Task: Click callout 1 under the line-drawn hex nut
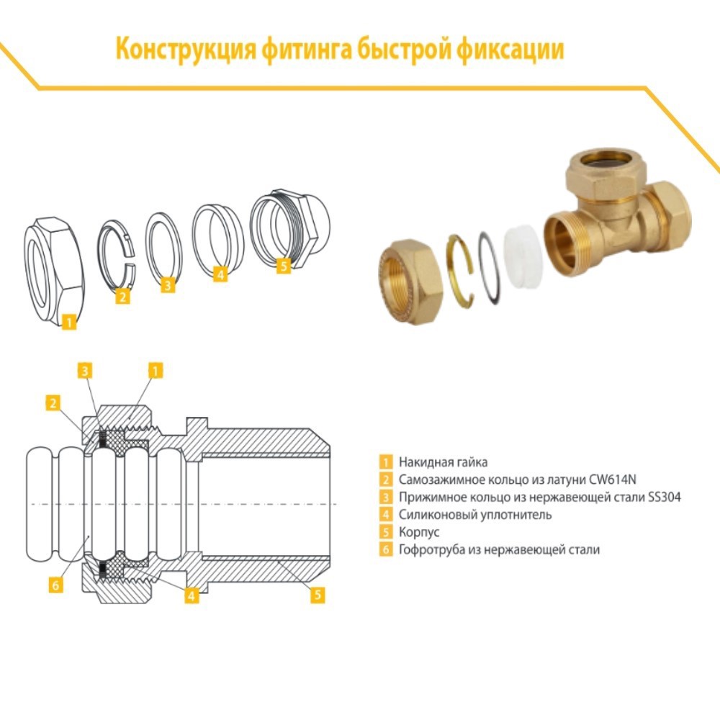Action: click(x=68, y=323)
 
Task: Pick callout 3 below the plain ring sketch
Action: click(x=167, y=285)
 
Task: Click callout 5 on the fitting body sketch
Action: click(x=283, y=266)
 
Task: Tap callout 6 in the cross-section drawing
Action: click(x=55, y=585)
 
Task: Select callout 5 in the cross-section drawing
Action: click(x=318, y=595)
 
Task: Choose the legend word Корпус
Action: click(x=418, y=532)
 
